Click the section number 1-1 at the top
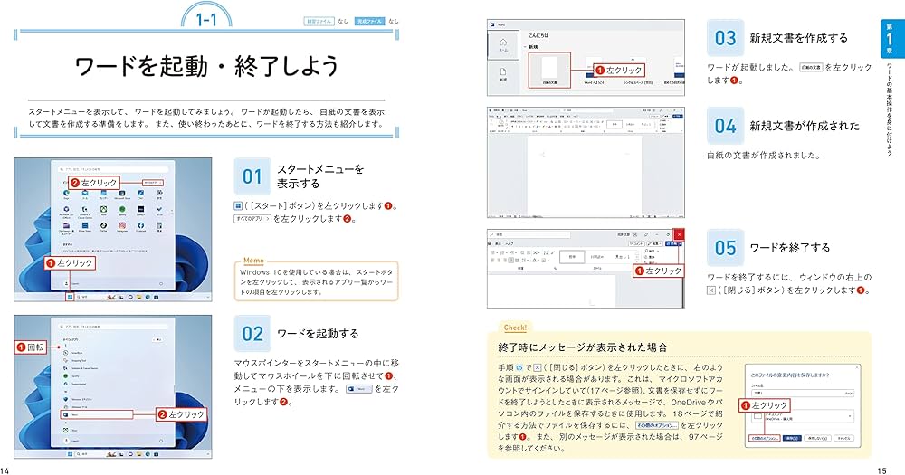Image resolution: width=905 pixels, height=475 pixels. click(x=208, y=18)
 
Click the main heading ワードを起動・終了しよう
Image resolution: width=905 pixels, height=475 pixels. click(x=207, y=66)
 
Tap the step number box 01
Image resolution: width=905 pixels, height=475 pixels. click(x=251, y=176)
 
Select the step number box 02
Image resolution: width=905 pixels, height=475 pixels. click(x=251, y=334)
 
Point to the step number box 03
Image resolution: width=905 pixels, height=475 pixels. click(x=726, y=38)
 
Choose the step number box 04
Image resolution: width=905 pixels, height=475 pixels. click(x=726, y=126)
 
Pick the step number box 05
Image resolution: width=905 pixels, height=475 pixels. click(x=726, y=247)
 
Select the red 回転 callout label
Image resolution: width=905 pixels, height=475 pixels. click(x=33, y=347)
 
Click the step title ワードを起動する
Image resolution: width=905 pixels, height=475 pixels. click(x=317, y=334)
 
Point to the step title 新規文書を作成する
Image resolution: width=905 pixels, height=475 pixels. click(x=799, y=38)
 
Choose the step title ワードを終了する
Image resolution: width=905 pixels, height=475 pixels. click(x=790, y=247)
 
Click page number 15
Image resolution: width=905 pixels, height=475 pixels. click(x=882, y=469)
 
